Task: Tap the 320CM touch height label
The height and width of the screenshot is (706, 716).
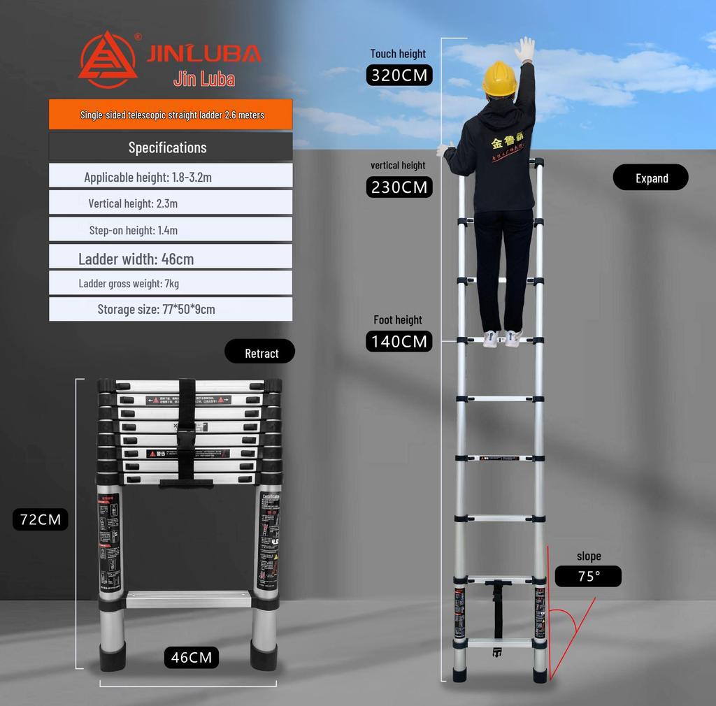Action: coord(399,75)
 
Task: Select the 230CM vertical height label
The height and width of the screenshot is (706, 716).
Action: coord(399,187)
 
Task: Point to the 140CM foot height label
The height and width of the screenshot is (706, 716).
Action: coord(399,341)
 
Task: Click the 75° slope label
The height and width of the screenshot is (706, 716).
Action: coord(588,576)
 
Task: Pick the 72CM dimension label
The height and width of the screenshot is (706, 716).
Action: coord(41,519)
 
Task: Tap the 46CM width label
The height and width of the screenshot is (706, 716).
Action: coord(192,657)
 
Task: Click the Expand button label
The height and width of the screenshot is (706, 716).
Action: coord(651,178)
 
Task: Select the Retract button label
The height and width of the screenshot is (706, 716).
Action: coord(260,353)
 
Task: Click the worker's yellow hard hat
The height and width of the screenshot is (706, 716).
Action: coord(499,77)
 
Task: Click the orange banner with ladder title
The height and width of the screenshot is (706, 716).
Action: coord(171,115)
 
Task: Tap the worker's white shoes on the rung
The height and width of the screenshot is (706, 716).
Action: coord(503,338)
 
